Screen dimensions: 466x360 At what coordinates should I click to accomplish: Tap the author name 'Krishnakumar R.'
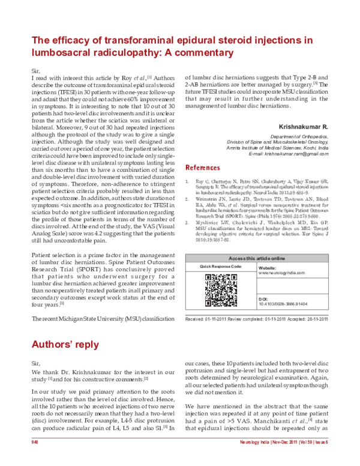click(x=304, y=127)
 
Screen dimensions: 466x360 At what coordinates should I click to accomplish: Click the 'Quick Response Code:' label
click(x=221, y=265)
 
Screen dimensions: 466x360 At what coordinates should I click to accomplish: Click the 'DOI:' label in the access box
click(x=263, y=298)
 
